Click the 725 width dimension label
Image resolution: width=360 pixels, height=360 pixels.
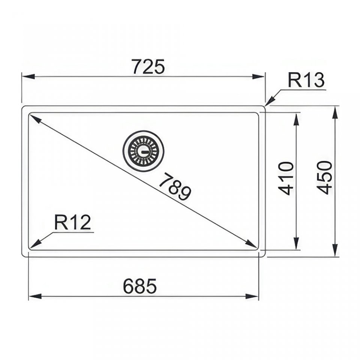coord(149,67)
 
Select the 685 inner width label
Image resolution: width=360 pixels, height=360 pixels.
coord(140,286)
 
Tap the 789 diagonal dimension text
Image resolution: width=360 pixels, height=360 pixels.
coord(175,187)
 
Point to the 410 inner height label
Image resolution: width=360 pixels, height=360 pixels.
coord(286,178)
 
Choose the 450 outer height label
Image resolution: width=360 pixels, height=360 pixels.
coord(324,177)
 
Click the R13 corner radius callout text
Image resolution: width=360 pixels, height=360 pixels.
coord(306,80)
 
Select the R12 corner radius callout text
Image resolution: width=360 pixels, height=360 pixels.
coord(72,222)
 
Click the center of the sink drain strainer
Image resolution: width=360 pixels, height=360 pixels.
coord(144,151)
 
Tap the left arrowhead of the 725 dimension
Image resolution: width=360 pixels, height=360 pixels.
coord(28,76)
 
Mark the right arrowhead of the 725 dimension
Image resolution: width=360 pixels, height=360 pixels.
coord(258,76)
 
